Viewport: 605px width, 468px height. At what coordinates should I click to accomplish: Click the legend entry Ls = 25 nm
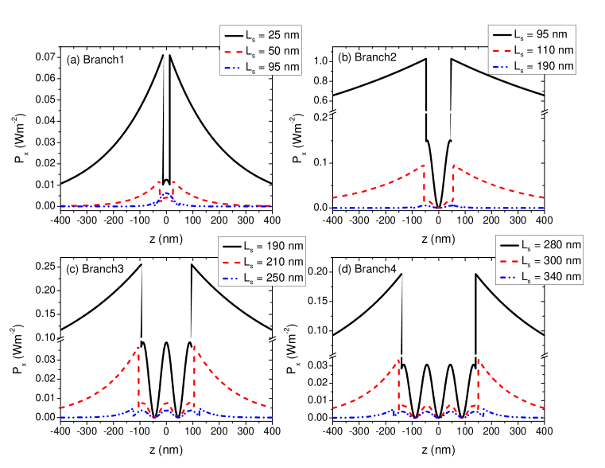(x=261, y=35)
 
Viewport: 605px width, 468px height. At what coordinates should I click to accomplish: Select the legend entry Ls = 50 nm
(x=261, y=51)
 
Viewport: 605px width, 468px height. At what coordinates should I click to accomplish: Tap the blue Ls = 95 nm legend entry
(x=261, y=67)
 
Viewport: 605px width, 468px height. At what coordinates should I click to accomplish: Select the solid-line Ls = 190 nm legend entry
(x=262, y=245)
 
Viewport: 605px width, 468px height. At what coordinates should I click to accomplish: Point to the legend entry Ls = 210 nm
(x=262, y=261)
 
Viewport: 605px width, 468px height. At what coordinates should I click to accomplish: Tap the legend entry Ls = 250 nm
(x=262, y=278)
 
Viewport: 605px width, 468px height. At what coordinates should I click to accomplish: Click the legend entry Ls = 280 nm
(x=539, y=244)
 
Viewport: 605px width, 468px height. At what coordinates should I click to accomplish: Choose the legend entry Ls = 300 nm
(x=539, y=260)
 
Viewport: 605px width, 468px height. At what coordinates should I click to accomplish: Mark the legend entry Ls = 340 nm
(x=539, y=276)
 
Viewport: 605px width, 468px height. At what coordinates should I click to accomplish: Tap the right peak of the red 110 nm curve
(x=453, y=165)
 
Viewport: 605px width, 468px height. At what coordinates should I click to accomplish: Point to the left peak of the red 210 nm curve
(x=138, y=347)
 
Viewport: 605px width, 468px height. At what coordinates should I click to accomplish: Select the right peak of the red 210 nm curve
(x=195, y=346)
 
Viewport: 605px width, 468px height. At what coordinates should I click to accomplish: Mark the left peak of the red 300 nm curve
(x=398, y=360)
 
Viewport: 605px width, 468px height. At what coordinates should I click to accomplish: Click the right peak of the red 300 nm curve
(x=479, y=360)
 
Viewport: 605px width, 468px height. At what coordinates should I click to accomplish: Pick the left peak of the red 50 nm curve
(x=159, y=181)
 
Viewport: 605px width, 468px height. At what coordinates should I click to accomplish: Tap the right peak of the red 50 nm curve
(x=173, y=181)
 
